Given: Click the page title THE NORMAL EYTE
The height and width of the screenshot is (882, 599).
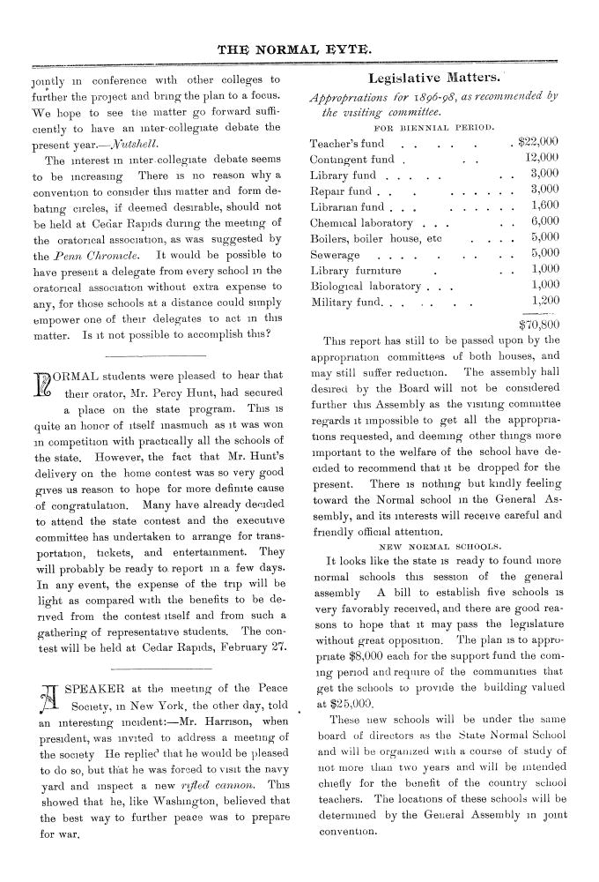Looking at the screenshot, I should tap(299, 49).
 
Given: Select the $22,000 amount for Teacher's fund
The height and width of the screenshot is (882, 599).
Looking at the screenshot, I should tap(539, 142).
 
